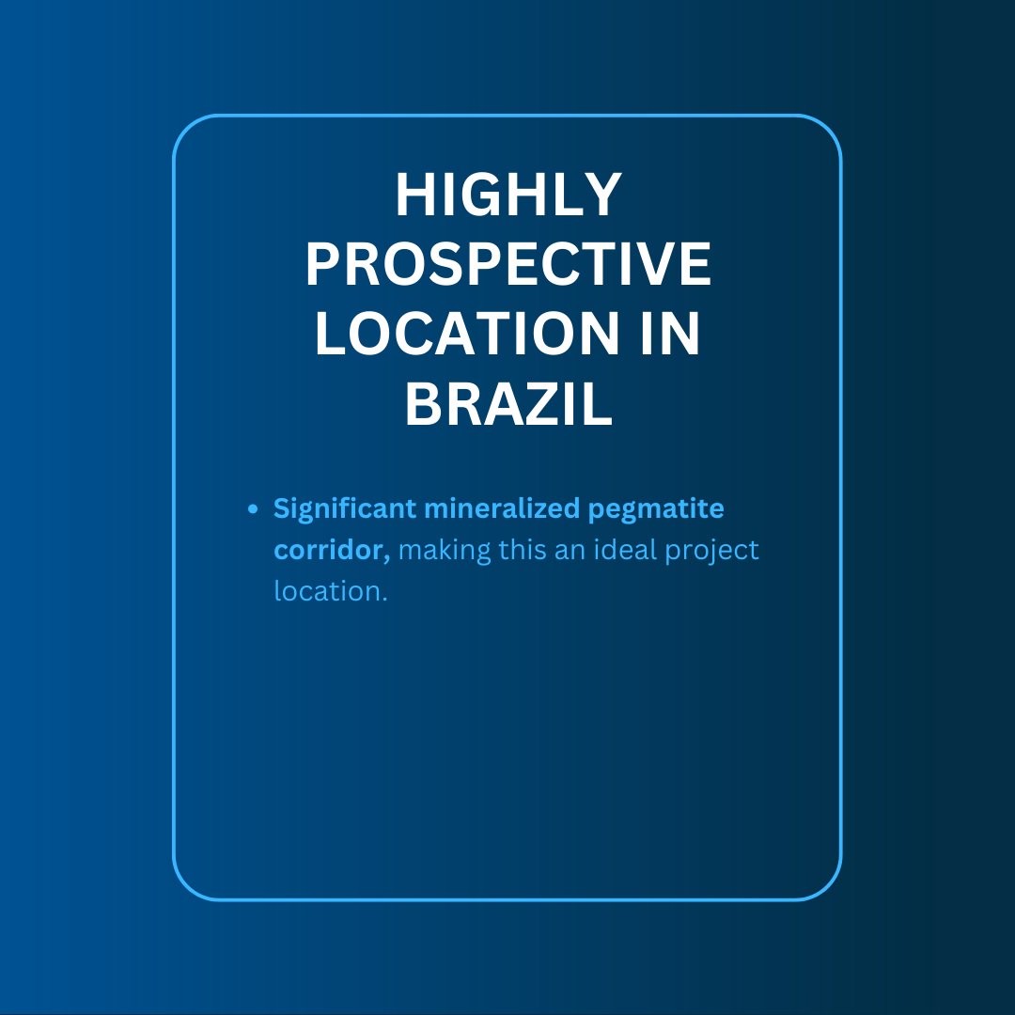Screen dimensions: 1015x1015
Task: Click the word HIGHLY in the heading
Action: click(x=507, y=195)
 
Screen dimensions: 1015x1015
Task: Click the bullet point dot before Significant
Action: click(x=252, y=509)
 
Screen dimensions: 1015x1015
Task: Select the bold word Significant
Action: click(x=344, y=509)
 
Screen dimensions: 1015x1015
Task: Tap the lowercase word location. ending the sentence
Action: click(x=330, y=592)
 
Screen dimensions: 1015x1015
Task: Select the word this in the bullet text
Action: click(x=522, y=551)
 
